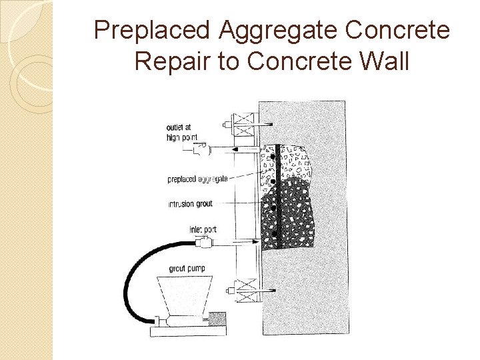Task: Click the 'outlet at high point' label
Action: [x=183, y=132]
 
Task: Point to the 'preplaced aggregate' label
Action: [x=197, y=179]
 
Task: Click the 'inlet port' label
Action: [x=203, y=230]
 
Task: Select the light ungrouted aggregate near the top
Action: [x=293, y=160]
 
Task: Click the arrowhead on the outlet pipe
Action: [x=235, y=151]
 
